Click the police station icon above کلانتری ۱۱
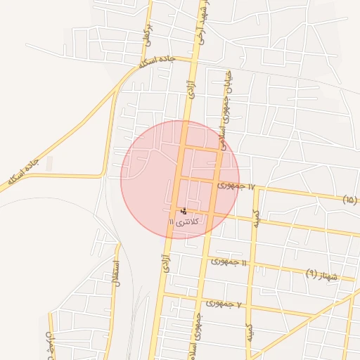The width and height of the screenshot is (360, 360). coord(184,210)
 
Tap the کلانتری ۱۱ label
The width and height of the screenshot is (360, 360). coord(184,221)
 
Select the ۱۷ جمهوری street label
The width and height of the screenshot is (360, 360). coord(234,186)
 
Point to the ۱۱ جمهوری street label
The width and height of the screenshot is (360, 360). coord(229,262)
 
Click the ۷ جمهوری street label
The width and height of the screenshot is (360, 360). coord(224,304)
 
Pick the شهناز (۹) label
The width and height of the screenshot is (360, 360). coord(322,274)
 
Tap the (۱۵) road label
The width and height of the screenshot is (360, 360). coord(350,200)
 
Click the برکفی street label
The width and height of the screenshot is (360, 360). coord(148,31)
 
